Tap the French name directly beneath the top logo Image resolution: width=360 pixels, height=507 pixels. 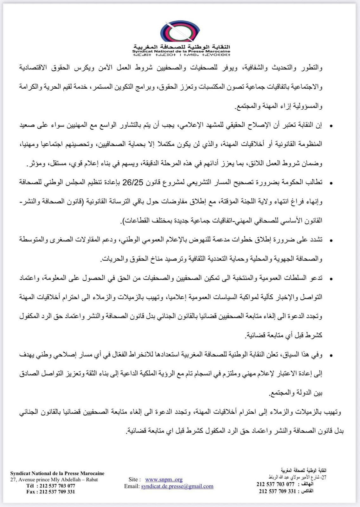(181, 51)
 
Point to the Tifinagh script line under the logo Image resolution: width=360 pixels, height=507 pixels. (181, 55)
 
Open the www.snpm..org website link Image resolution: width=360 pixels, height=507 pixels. (164, 479)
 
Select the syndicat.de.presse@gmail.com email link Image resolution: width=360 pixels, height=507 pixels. (177, 486)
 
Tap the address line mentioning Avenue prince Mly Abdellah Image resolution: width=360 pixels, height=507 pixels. (54, 479)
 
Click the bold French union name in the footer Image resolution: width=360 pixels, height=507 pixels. (57, 473)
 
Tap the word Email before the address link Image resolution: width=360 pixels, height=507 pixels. (132, 486)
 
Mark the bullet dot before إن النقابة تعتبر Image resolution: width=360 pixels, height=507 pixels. (331, 126)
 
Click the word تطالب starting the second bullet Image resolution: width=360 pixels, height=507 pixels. (315, 183)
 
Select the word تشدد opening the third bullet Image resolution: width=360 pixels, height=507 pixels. (316, 240)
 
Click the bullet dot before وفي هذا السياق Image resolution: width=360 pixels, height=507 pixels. (331, 356)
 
